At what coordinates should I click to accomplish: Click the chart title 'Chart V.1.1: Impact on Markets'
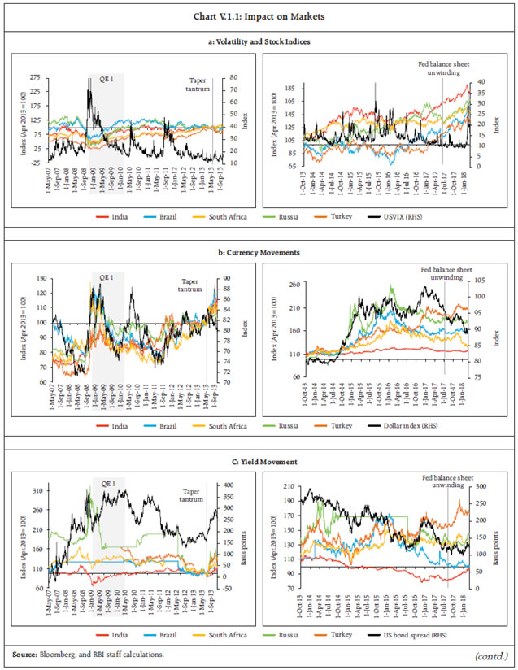pyautogui.click(x=259, y=15)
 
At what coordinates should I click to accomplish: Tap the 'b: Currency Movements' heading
pyautogui.click(x=259, y=252)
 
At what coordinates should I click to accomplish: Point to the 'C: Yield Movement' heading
pyautogui.click(x=259, y=462)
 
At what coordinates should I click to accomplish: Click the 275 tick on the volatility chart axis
pyautogui.click(x=36, y=77)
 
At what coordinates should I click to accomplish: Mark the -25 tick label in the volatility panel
pyautogui.click(x=37, y=163)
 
